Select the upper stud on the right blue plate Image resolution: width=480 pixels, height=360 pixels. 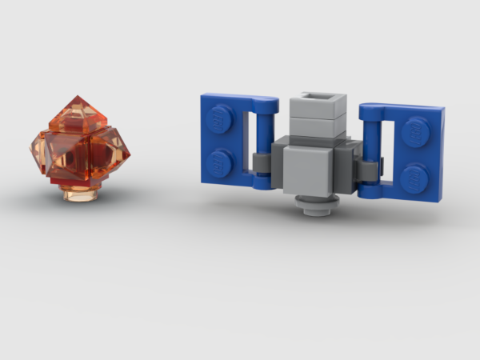click(417, 128)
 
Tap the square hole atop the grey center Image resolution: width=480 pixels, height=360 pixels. click(318, 100)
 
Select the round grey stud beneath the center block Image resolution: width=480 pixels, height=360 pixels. click(315, 205)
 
